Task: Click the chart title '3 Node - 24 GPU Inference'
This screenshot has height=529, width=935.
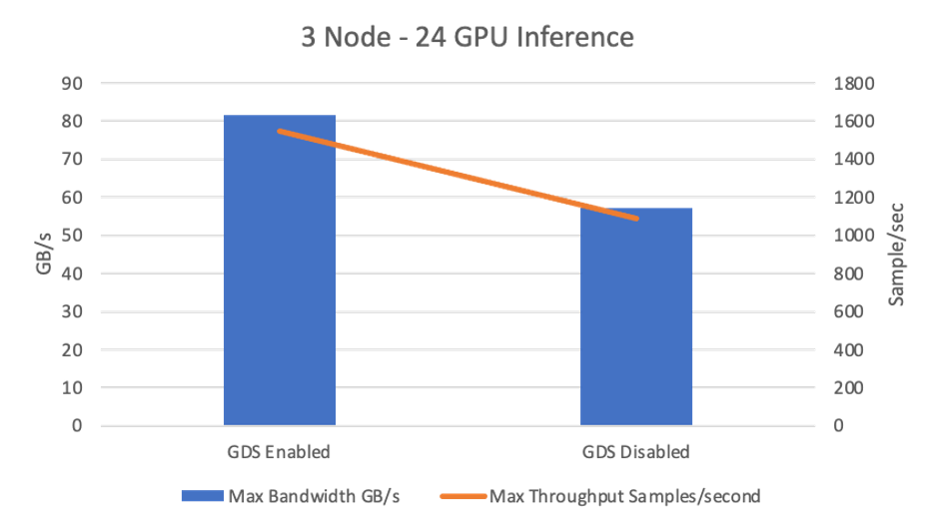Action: pyautogui.click(x=467, y=38)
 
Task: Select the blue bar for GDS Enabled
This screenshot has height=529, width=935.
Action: pyautogui.click(x=280, y=269)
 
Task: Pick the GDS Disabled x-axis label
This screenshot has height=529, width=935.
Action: pyautogui.click(x=635, y=452)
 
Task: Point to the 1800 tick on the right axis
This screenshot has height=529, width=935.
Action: pyautogui.click(x=856, y=83)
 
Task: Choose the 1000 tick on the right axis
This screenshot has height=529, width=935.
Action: pyautogui.click(x=856, y=236)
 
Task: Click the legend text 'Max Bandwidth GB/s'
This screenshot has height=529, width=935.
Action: pyautogui.click(x=314, y=496)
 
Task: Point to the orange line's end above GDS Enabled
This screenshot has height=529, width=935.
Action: pyautogui.click(x=281, y=131)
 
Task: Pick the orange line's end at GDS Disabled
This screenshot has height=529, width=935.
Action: pyautogui.click(x=636, y=218)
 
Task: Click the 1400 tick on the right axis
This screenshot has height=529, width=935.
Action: pyautogui.click(x=856, y=159)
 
